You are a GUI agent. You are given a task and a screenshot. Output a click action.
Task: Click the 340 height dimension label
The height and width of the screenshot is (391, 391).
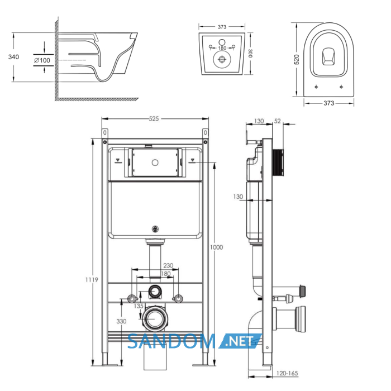(x=13, y=57)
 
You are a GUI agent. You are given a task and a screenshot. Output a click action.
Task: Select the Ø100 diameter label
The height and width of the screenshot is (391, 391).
(x=42, y=60)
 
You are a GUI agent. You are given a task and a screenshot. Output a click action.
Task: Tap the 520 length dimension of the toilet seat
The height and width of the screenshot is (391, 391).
(x=297, y=60)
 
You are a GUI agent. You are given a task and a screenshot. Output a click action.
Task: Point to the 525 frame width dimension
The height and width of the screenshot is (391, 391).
(x=154, y=118)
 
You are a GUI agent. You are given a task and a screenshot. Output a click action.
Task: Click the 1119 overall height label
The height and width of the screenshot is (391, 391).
(x=92, y=280)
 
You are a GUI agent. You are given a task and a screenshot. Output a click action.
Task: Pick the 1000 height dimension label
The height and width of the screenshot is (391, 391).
(x=217, y=247)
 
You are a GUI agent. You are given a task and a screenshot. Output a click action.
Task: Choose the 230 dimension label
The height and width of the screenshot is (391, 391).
(x=168, y=265)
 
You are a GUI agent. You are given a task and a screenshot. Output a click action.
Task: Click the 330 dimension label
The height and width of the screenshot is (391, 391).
(x=121, y=321)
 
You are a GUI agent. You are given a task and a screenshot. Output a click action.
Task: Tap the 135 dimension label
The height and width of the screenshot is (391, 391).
(x=139, y=306)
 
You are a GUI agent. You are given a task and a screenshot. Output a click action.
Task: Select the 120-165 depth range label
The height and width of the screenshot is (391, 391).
(x=287, y=373)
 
